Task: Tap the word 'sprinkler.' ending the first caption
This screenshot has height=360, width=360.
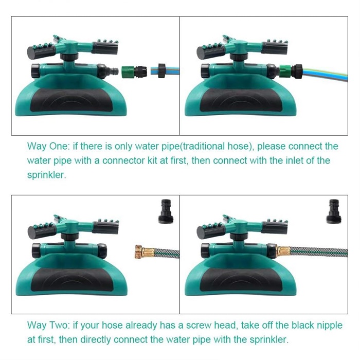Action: pyautogui.click(x=47, y=175)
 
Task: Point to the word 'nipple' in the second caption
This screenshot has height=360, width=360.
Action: pyautogui.click(x=330, y=325)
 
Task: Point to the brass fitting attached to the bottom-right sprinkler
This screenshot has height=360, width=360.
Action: pyautogui.click(x=283, y=251)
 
